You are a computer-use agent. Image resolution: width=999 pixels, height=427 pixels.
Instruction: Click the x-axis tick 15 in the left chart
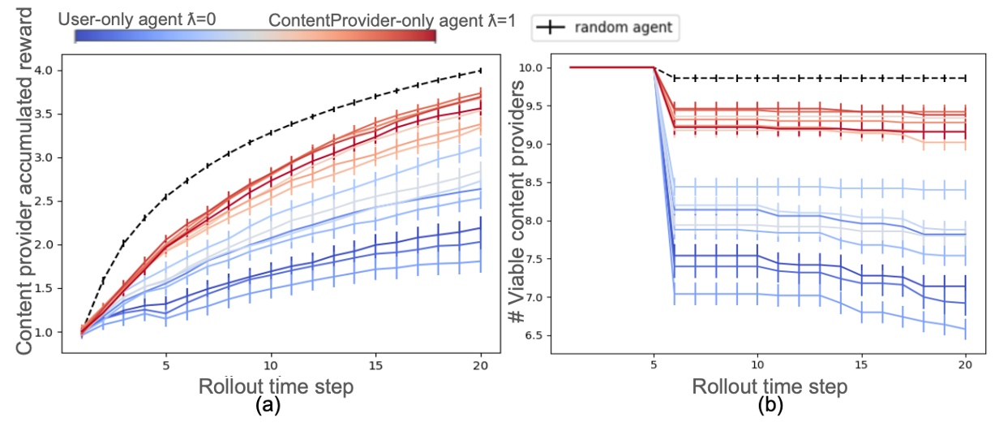pos(375,364)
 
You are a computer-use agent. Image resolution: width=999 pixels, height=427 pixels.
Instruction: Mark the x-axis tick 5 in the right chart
pos(654,364)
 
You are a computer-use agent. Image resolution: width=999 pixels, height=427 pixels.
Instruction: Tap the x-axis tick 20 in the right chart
pos(964,364)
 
